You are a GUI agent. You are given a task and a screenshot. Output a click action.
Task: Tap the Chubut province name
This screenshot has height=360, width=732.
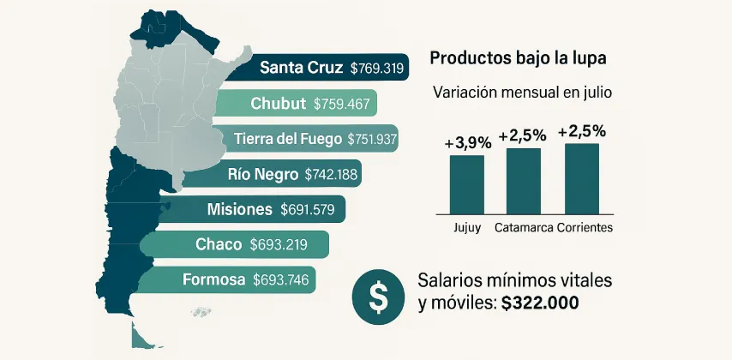click(279, 104)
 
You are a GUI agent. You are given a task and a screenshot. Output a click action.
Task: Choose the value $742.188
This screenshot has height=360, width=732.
click(333, 174)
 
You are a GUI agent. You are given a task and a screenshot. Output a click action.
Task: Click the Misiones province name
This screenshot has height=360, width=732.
click(240, 208)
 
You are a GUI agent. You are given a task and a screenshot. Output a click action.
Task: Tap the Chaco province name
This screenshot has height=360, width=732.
click(219, 244)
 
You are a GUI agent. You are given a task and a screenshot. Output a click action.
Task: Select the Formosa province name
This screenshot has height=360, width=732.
click(213, 279)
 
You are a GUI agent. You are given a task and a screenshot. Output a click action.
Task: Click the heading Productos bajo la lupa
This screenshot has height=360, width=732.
click(518, 59)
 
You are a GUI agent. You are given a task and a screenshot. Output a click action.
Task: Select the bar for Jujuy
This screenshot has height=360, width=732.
click(467, 183)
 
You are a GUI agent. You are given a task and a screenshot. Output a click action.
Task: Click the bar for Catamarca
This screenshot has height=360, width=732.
click(523, 180)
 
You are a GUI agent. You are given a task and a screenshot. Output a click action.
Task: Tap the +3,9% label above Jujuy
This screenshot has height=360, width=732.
click(466, 144)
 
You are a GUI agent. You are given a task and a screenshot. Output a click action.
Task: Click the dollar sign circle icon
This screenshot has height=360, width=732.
click(376, 295)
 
